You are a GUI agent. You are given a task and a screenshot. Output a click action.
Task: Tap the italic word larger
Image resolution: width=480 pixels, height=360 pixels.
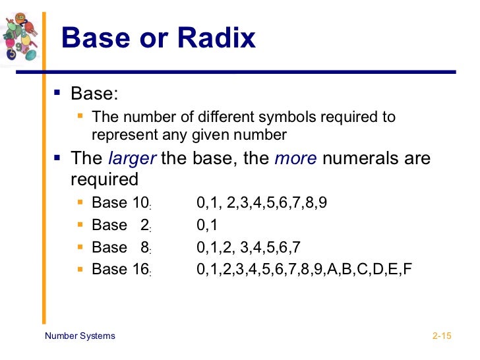click(x=131, y=159)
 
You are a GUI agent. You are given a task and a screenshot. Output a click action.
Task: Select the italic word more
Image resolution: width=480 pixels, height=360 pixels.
click(x=295, y=159)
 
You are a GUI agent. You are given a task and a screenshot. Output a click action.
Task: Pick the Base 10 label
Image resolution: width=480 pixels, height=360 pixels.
click(x=121, y=204)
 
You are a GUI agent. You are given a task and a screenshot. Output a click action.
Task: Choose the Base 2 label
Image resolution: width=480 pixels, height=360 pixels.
click(x=121, y=225)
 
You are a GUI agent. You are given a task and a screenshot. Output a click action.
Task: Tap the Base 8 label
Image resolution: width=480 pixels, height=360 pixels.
click(x=121, y=247)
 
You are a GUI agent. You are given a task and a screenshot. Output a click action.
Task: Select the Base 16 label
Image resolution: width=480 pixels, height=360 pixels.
click(x=121, y=269)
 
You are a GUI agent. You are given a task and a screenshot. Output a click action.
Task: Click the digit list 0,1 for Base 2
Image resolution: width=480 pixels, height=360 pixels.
click(x=207, y=225)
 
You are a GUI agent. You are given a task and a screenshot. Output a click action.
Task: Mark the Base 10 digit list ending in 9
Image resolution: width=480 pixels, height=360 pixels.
click(x=262, y=204)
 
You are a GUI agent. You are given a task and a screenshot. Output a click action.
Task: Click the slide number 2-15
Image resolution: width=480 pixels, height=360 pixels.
click(x=441, y=336)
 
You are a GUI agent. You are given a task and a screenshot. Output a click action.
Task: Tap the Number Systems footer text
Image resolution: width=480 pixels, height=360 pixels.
click(x=80, y=336)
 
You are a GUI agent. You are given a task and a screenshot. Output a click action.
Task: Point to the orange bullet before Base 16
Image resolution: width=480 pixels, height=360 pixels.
click(x=80, y=268)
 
